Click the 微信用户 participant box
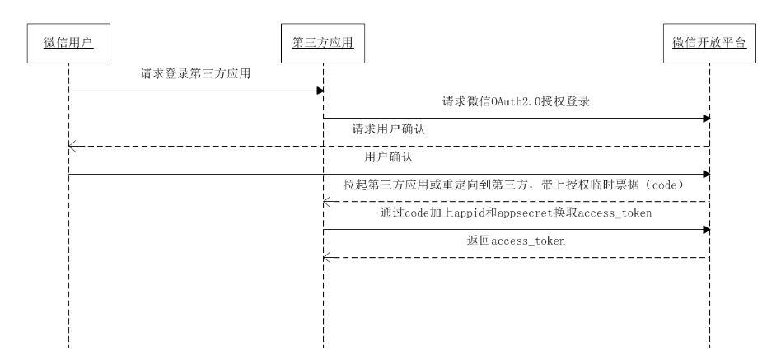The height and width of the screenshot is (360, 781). pos(68,43)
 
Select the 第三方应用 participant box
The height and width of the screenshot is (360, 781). pos(323,43)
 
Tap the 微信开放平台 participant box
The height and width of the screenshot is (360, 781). pos(709,43)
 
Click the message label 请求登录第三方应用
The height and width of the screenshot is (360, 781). pos(195,74)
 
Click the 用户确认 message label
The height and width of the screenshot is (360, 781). pos(389,157)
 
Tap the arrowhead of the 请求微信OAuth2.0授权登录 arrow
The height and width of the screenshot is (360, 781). pos(705,119)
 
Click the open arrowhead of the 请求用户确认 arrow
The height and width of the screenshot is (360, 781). pos(72,147)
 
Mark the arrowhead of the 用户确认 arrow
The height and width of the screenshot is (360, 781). pos(705,175)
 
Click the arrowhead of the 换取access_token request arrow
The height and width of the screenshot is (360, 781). pos(705,230)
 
